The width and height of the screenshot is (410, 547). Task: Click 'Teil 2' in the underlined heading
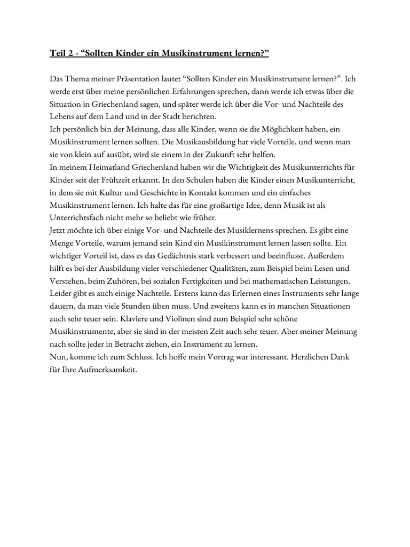pyautogui.click(x=61, y=53)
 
